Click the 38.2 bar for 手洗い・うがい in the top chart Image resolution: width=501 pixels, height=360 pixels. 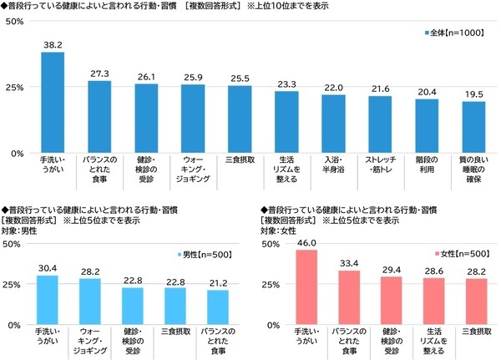click(53, 103)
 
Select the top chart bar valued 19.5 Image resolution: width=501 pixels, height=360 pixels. click(473, 128)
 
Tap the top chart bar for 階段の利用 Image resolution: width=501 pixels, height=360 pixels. click(427, 126)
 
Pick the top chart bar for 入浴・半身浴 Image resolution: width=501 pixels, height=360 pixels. click(333, 124)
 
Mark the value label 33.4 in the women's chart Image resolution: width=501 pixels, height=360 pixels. click(348, 264)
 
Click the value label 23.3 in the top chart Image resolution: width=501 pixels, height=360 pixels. click(286, 84)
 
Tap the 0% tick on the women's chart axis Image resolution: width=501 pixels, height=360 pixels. click(272, 325)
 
